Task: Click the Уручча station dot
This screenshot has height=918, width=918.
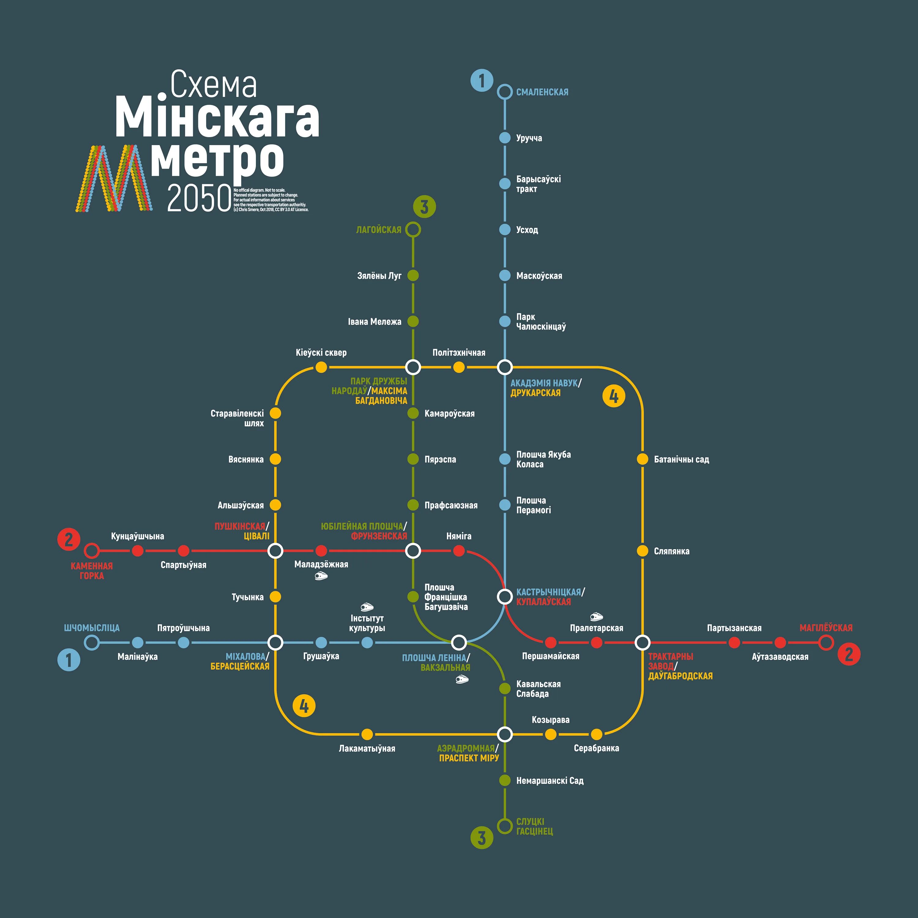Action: tap(505, 138)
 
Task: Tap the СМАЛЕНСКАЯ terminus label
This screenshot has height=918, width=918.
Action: tap(542, 92)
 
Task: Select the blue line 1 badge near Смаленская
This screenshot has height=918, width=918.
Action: tap(482, 80)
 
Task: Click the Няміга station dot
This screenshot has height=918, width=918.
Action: tap(458, 551)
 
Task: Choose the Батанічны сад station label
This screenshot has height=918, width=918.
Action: tap(681, 460)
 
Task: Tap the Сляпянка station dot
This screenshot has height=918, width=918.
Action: tap(642, 551)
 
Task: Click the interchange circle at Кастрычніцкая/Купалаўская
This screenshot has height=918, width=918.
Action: tap(505, 596)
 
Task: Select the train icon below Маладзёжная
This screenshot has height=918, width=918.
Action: tap(321, 577)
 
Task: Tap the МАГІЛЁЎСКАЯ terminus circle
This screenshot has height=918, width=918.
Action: tap(826, 643)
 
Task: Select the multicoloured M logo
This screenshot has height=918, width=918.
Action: tap(114, 178)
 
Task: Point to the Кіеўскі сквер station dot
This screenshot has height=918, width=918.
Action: tap(321, 367)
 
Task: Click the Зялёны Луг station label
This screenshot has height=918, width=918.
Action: tap(379, 276)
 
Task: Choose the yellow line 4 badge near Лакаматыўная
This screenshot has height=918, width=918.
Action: tap(304, 706)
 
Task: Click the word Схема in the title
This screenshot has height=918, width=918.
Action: tap(213, 84)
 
